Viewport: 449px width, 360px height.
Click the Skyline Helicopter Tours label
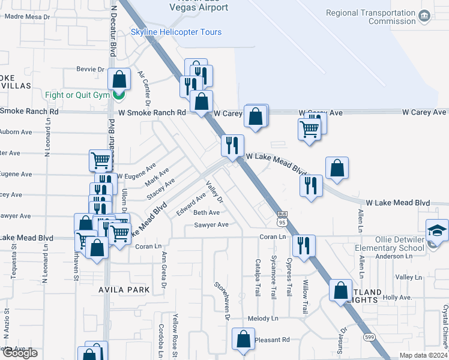176,32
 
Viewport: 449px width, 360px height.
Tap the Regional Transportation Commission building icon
425,16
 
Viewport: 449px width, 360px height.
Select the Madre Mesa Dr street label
26,17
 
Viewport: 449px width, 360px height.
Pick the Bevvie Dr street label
91,69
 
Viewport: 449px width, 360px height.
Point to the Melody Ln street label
262,319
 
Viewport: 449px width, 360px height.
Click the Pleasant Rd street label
272,340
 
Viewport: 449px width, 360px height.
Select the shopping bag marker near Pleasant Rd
244,340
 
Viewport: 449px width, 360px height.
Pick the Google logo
20,353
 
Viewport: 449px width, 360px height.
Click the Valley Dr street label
215,191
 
